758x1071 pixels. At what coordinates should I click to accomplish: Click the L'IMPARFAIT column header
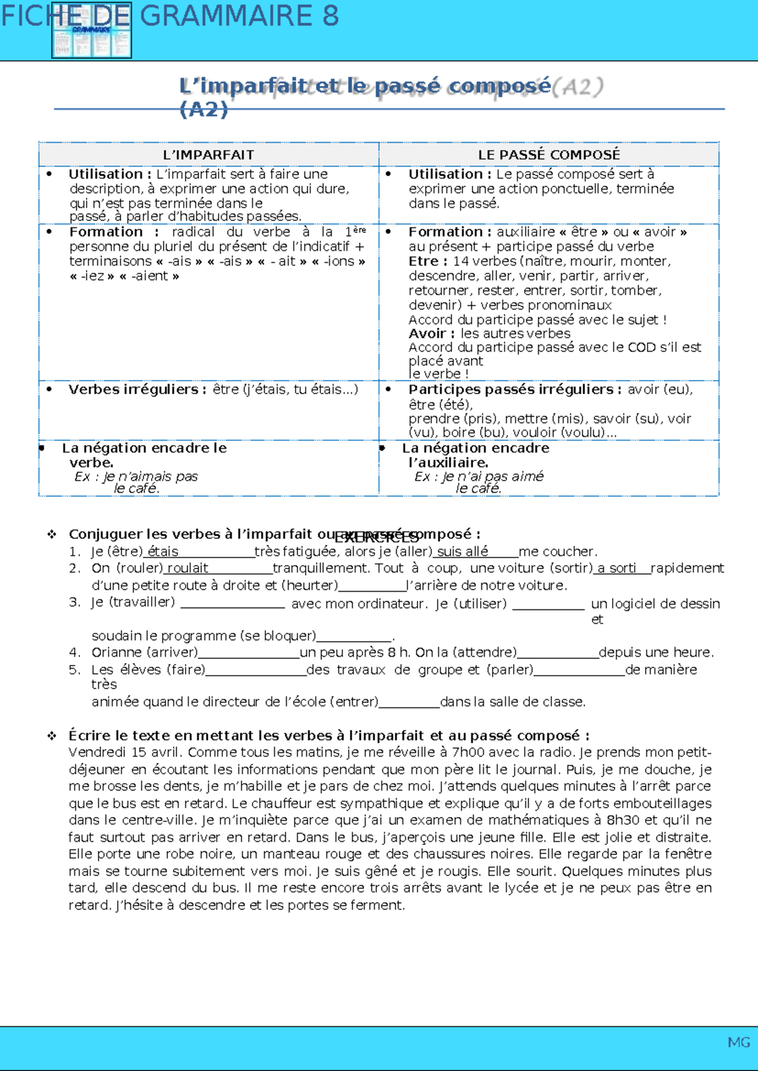[x=208, y=155]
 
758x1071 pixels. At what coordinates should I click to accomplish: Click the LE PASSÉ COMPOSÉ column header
[x=548, y=155]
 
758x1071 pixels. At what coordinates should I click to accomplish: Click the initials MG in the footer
[x=738, y=1043]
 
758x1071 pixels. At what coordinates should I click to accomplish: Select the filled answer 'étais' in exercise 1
[x=162, y=552]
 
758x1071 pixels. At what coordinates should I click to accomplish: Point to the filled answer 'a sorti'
[x=617, y=568]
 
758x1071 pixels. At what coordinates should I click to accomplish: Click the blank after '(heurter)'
[x=372, y=586]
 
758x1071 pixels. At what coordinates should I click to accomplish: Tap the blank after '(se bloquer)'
[x=354, y=637]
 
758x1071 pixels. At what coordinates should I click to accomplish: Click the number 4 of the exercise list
[x=75, y=652]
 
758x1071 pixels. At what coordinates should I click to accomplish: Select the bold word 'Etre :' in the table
[x=428, y=261]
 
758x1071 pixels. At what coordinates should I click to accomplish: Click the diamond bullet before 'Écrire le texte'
[x=52, y=736]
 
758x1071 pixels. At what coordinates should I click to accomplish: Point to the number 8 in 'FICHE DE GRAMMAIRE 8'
[x=330, y=16]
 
